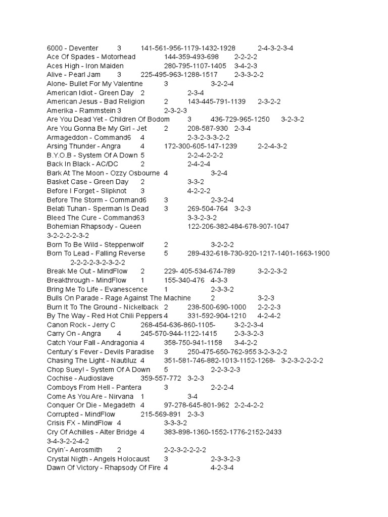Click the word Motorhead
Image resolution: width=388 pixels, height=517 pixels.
tap(118, 57)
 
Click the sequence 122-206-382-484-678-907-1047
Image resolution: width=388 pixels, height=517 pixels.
tap(238, 226)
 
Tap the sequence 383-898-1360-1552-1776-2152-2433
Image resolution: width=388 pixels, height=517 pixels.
tap(223, 432)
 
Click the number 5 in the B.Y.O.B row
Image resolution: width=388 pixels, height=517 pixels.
tap(143, 155)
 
